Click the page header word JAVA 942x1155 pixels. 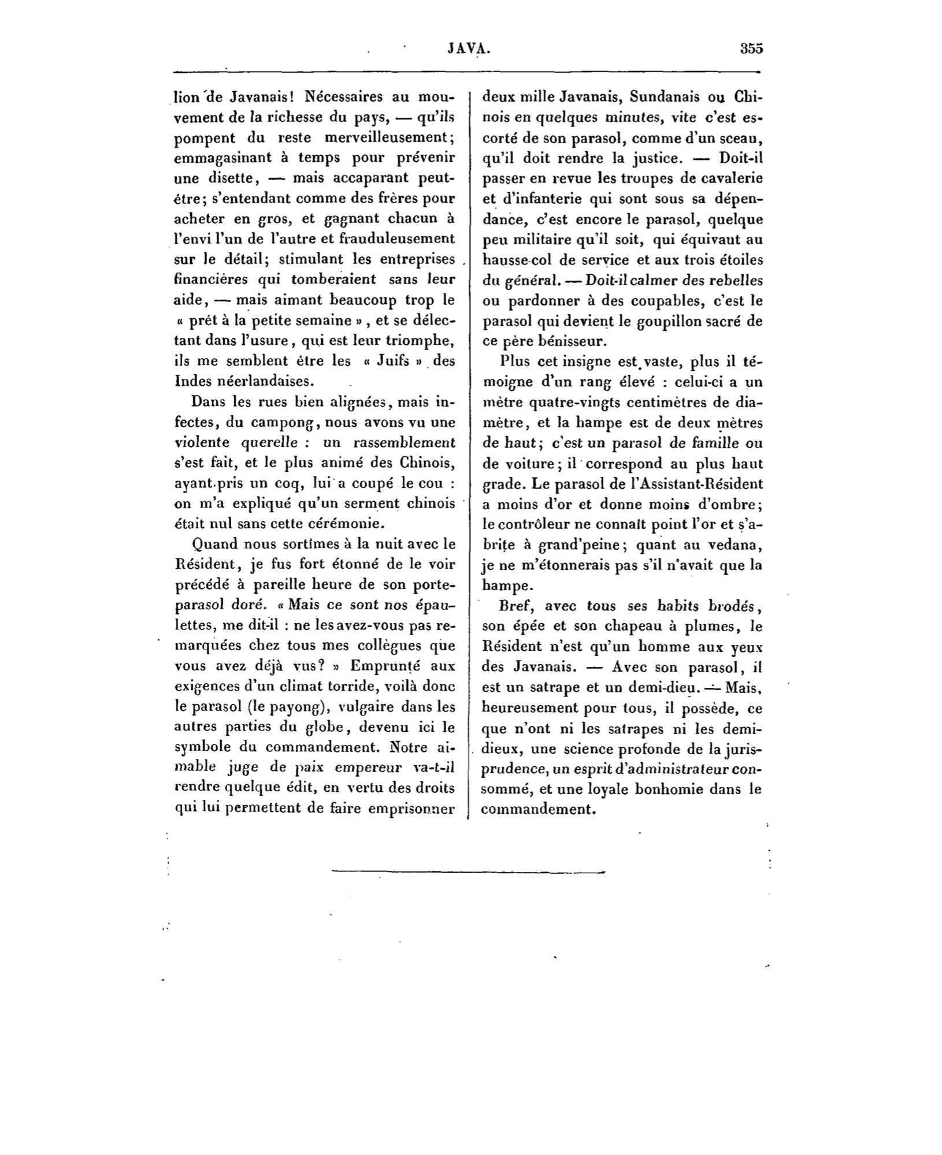tap(469, 49)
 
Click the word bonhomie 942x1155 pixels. tap(669, 789)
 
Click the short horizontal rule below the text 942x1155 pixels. tap(468, 870)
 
